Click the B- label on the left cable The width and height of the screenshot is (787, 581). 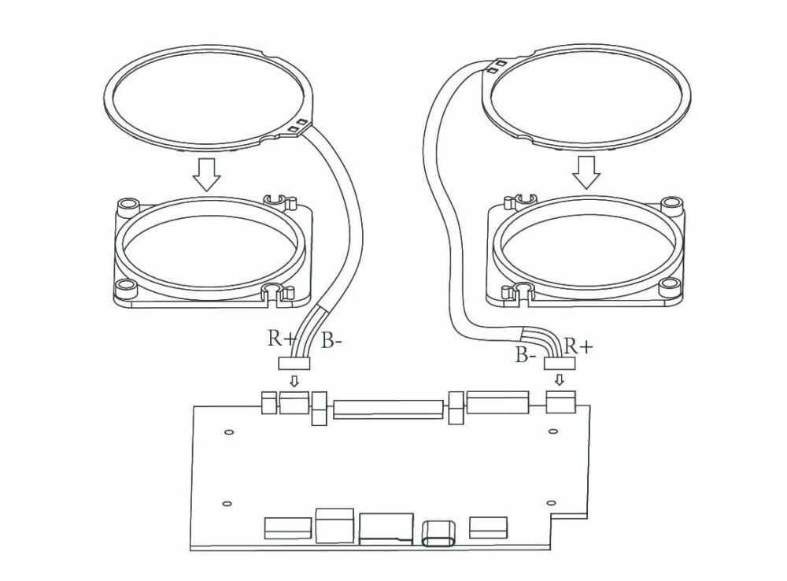click(x=332, y=340)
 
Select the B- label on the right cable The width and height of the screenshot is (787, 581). click(x=527, y=354)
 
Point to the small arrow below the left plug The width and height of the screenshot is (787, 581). click(x=295, y=381)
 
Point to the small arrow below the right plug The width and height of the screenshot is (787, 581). click(x=560, y=379)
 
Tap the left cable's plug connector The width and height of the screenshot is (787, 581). click(x=295, y=363)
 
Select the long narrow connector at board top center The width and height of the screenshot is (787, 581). click(x=388, y=409)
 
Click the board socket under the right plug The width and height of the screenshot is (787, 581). click(x=562, y=403)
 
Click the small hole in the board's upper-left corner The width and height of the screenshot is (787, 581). click(x=227, y=432)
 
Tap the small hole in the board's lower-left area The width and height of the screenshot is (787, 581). click(x=227, y=503)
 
